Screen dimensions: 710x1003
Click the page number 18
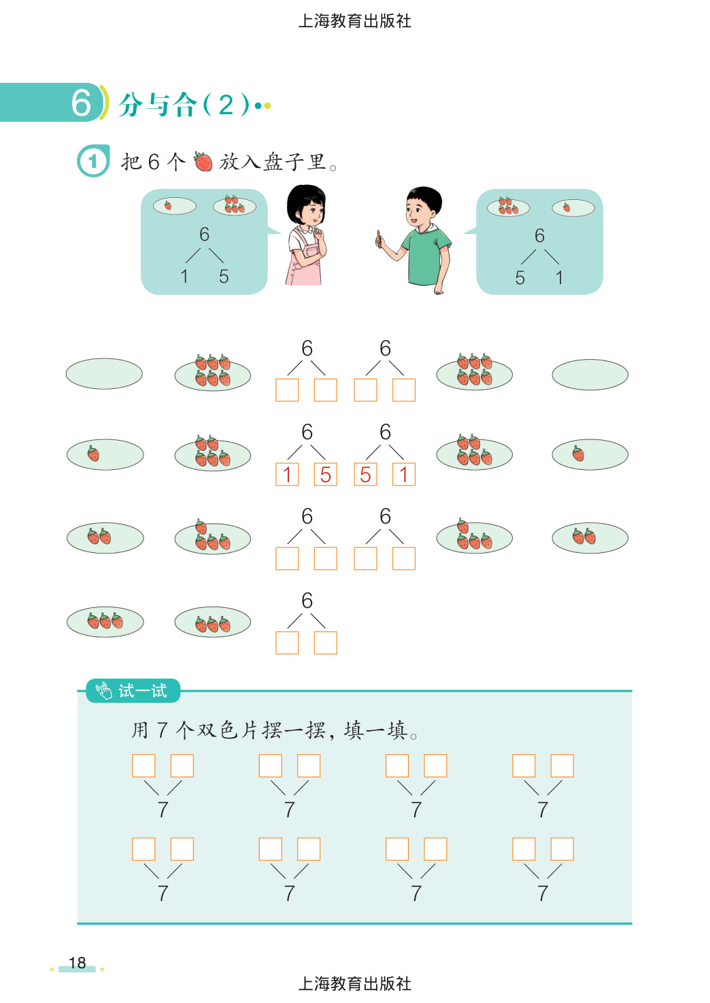[77, 962]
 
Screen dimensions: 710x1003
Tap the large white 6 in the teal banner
[81, 103]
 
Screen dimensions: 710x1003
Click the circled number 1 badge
[92, 160]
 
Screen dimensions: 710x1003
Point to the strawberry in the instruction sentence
[203, 161]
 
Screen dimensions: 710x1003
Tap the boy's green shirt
[426, 255]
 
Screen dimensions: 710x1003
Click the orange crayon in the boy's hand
[379, 239]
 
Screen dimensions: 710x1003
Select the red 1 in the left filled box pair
[287, 475]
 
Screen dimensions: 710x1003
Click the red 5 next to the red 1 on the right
[365, 475]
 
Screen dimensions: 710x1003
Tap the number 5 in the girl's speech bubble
[224, 276]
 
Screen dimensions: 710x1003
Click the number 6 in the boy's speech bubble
[539, 235]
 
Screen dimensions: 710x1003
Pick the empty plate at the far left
[104, 373]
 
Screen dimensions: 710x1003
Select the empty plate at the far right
[590, 374]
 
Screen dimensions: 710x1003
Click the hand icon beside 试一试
[103, 690]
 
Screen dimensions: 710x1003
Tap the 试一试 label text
[142, 691]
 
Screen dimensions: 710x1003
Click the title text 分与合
[157, 105]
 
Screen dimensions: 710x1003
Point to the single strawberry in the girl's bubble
[168, 205]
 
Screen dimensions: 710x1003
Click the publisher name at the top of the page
[355, 21]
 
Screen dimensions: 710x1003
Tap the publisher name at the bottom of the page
[355, 984]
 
